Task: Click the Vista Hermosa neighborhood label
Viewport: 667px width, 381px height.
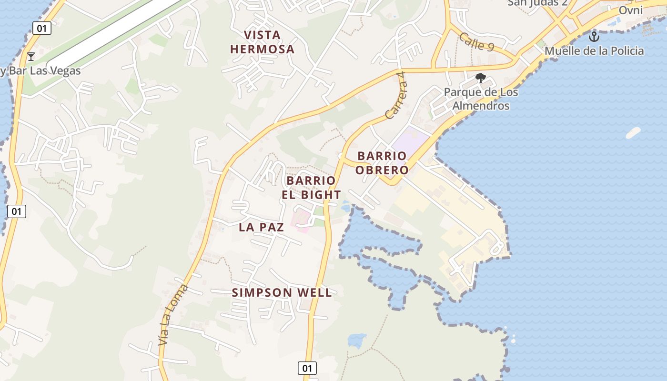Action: (262, 42)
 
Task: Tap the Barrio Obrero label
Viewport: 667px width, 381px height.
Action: (383, 163)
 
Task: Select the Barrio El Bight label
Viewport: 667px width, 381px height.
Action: (313, 188)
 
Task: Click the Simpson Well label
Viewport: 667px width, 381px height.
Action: (282, 292)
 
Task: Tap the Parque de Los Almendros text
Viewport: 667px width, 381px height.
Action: (481, 99)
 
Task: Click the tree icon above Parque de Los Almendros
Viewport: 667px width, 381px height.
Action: (481, 78)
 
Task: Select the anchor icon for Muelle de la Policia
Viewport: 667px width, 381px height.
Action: (594, 36)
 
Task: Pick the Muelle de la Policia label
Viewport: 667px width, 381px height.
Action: (594, 51)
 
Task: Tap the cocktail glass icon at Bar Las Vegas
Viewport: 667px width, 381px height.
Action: (31, 57)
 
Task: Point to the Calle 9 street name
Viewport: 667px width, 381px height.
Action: (476, 41)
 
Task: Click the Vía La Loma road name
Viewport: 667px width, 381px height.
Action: (173, 314)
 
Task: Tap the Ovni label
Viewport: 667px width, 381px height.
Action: (631, 10)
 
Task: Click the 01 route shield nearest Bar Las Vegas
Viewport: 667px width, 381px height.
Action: (42, 28)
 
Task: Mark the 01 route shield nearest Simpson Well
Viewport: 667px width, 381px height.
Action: (307, 368)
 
